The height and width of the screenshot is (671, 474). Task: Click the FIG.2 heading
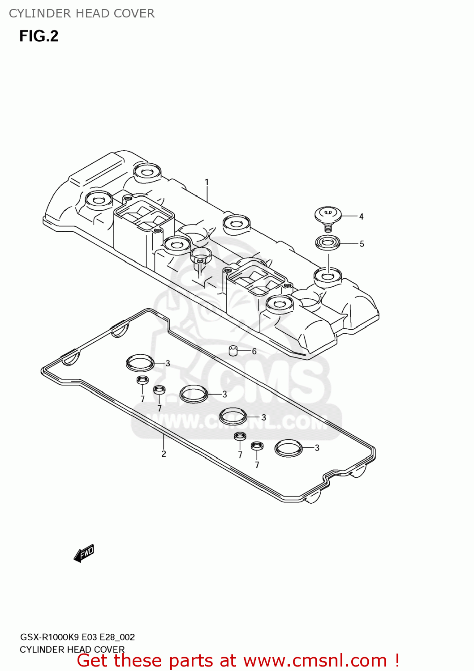(x=39, y=36)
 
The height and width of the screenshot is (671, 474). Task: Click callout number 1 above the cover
(x=207, y=182)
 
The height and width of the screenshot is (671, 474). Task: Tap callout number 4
(x=361, y=217)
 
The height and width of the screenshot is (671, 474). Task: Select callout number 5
(x=362, y=244)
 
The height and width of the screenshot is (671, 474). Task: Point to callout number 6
(x=254, y=351)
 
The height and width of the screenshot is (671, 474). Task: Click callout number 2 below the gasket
(x=164, y=454)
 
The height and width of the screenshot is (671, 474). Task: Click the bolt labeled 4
(x=328, y=217)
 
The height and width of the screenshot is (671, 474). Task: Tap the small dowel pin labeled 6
(x=233, y=350)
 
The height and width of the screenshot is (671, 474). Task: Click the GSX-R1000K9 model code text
(x=49, y=637)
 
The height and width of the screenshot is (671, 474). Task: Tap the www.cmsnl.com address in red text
(x=315, y=661)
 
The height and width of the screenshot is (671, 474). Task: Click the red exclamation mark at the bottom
(x=397, y=661)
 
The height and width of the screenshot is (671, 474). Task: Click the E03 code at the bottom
(x=89, y=637)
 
